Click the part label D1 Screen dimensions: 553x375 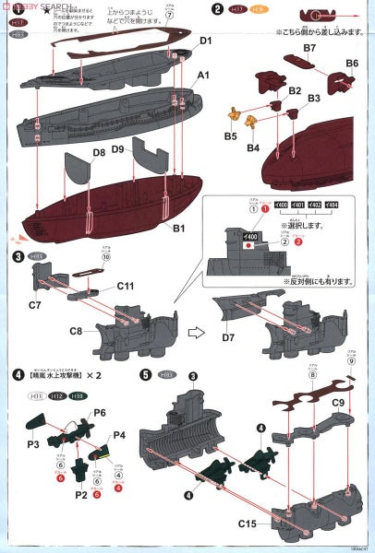tap(205, 41)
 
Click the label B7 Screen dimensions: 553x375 tap(309, 47)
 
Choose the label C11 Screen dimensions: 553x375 tap(128, 287)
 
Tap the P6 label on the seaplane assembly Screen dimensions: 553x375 tap(100, 411)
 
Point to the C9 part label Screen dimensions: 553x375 tap(338, 403)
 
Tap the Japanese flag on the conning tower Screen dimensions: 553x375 tap(250, 247)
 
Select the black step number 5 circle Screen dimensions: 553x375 tap(145, 375)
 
